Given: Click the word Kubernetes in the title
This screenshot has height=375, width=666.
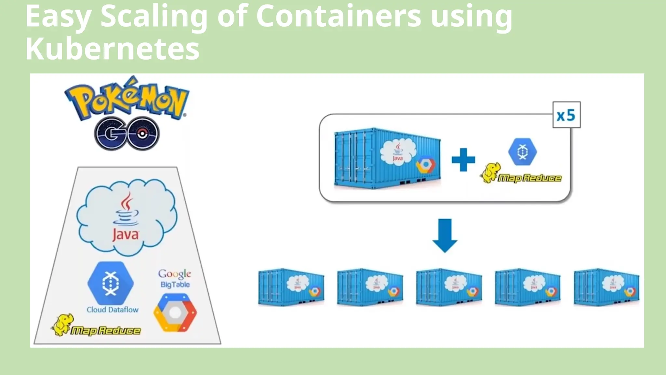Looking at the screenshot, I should tap(112, 49).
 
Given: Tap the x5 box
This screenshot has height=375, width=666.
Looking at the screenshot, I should tap(566, 115).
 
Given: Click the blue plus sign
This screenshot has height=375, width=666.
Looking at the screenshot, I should tap(463, 160).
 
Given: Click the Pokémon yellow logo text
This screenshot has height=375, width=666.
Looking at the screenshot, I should tap(127, 99).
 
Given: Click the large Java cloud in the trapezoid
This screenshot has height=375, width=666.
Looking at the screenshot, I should tap(127, 216).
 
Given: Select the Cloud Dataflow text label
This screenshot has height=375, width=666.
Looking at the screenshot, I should tap(113, 310).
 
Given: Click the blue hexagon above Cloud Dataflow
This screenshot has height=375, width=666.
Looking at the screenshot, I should tap(111, 283).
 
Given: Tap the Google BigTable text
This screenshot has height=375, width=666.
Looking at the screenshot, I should tap(175, 279).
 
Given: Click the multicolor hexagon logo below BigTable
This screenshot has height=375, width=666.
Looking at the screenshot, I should tap(175, 313).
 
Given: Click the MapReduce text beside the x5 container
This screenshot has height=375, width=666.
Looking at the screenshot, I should tap(529, 178).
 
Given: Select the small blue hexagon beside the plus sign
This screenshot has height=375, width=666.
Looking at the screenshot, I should tap(522, 152).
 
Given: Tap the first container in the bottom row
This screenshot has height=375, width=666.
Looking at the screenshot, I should tap(291, 287).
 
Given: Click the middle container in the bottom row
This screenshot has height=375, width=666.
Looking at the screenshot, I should tap(449, 287).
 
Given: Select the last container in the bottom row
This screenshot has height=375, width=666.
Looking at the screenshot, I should tap(606, 287).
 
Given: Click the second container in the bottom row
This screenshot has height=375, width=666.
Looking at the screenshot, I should tap(370, 287).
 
